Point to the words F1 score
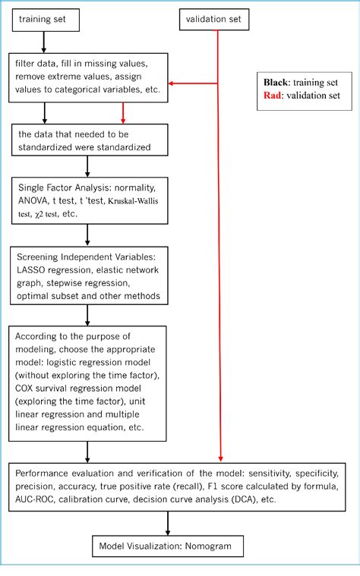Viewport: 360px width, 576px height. tap(257, 486)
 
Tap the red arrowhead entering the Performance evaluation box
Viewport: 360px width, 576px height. tap(219, 458)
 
